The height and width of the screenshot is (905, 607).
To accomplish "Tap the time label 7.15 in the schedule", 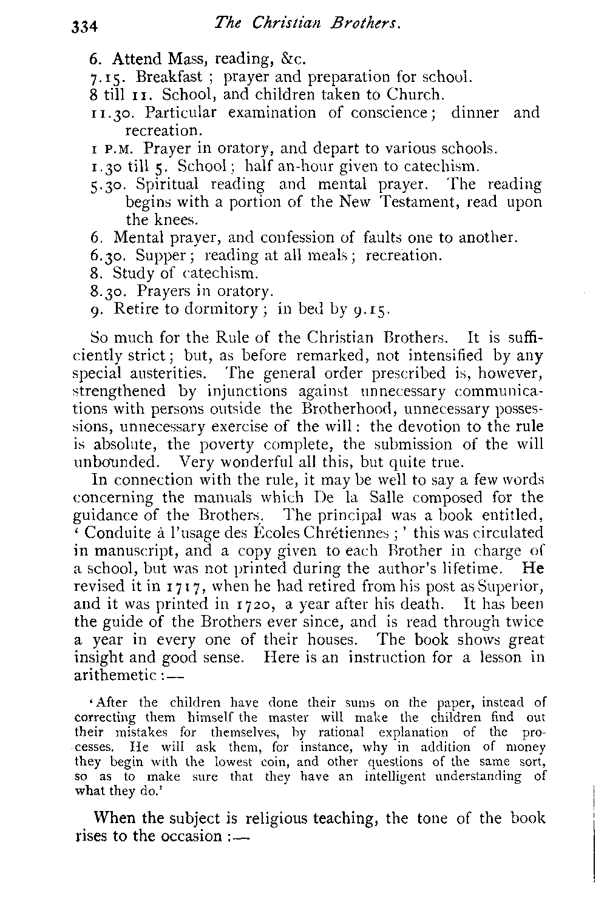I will tap(103, 78).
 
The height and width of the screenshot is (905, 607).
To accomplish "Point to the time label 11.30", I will tap(106, 113).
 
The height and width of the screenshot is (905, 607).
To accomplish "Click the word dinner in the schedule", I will tap(475, 113).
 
